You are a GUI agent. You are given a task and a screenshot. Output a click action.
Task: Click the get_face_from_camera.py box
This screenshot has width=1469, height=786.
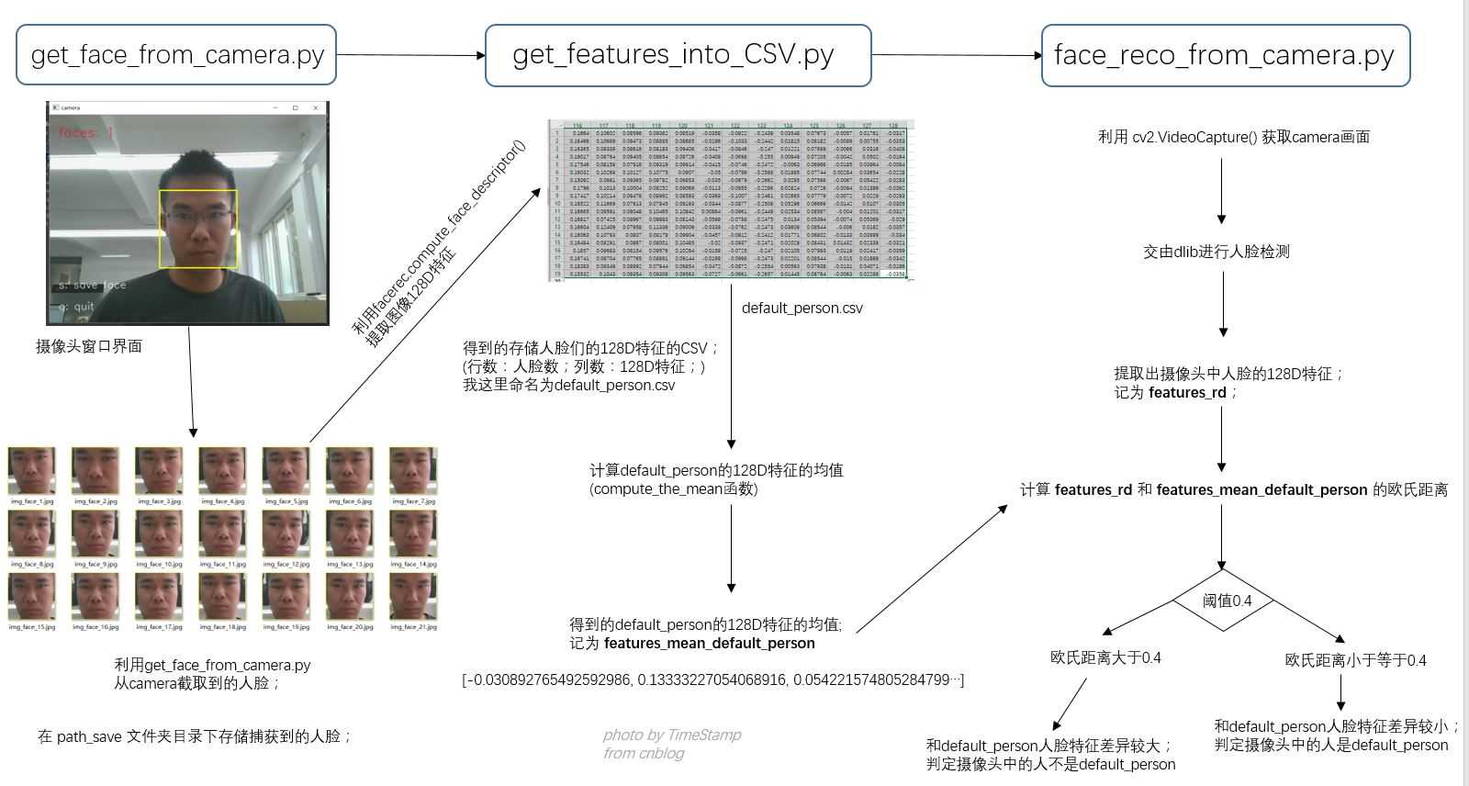tap(176, 55)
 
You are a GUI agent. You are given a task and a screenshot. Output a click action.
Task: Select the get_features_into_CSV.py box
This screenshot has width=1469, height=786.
tap(678, 56)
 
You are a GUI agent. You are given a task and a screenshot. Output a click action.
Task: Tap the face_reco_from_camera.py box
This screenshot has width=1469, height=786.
tap(1225, 56)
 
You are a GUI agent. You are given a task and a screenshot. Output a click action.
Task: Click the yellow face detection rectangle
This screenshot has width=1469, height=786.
tap(198, 229)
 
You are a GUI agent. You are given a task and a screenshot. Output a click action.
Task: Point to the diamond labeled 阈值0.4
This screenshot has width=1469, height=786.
tap(1225, 601)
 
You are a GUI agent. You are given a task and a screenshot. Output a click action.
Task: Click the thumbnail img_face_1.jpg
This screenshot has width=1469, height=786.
tap(32, 472)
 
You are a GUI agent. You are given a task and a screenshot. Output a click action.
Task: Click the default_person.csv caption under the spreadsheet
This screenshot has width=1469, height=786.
tap(802, 309)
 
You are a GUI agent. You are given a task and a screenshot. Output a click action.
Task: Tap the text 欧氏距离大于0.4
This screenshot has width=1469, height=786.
tap(1105, 657)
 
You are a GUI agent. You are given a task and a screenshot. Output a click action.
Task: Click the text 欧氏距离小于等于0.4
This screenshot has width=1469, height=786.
tap(1355, 660)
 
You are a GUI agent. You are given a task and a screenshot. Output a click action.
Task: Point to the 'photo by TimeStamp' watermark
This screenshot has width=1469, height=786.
tap(672, 735)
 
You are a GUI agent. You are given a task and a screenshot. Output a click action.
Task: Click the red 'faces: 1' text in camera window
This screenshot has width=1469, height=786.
tap(85, 132)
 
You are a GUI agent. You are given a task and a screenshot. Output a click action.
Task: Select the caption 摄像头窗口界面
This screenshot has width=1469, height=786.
tap(89, 346)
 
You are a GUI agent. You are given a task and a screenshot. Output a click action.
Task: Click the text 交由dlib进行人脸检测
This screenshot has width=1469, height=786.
tap(1217, 252)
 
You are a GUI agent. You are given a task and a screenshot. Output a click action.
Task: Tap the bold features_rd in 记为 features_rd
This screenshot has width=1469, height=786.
tap(1187, 393)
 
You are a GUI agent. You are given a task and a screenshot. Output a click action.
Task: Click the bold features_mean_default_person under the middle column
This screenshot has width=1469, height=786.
tap(709, 644)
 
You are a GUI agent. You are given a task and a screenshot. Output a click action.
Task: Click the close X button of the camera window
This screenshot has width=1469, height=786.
tap(316, 108)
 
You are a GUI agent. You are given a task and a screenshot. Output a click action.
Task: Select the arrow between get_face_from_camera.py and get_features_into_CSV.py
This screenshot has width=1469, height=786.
tap(410, 55)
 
